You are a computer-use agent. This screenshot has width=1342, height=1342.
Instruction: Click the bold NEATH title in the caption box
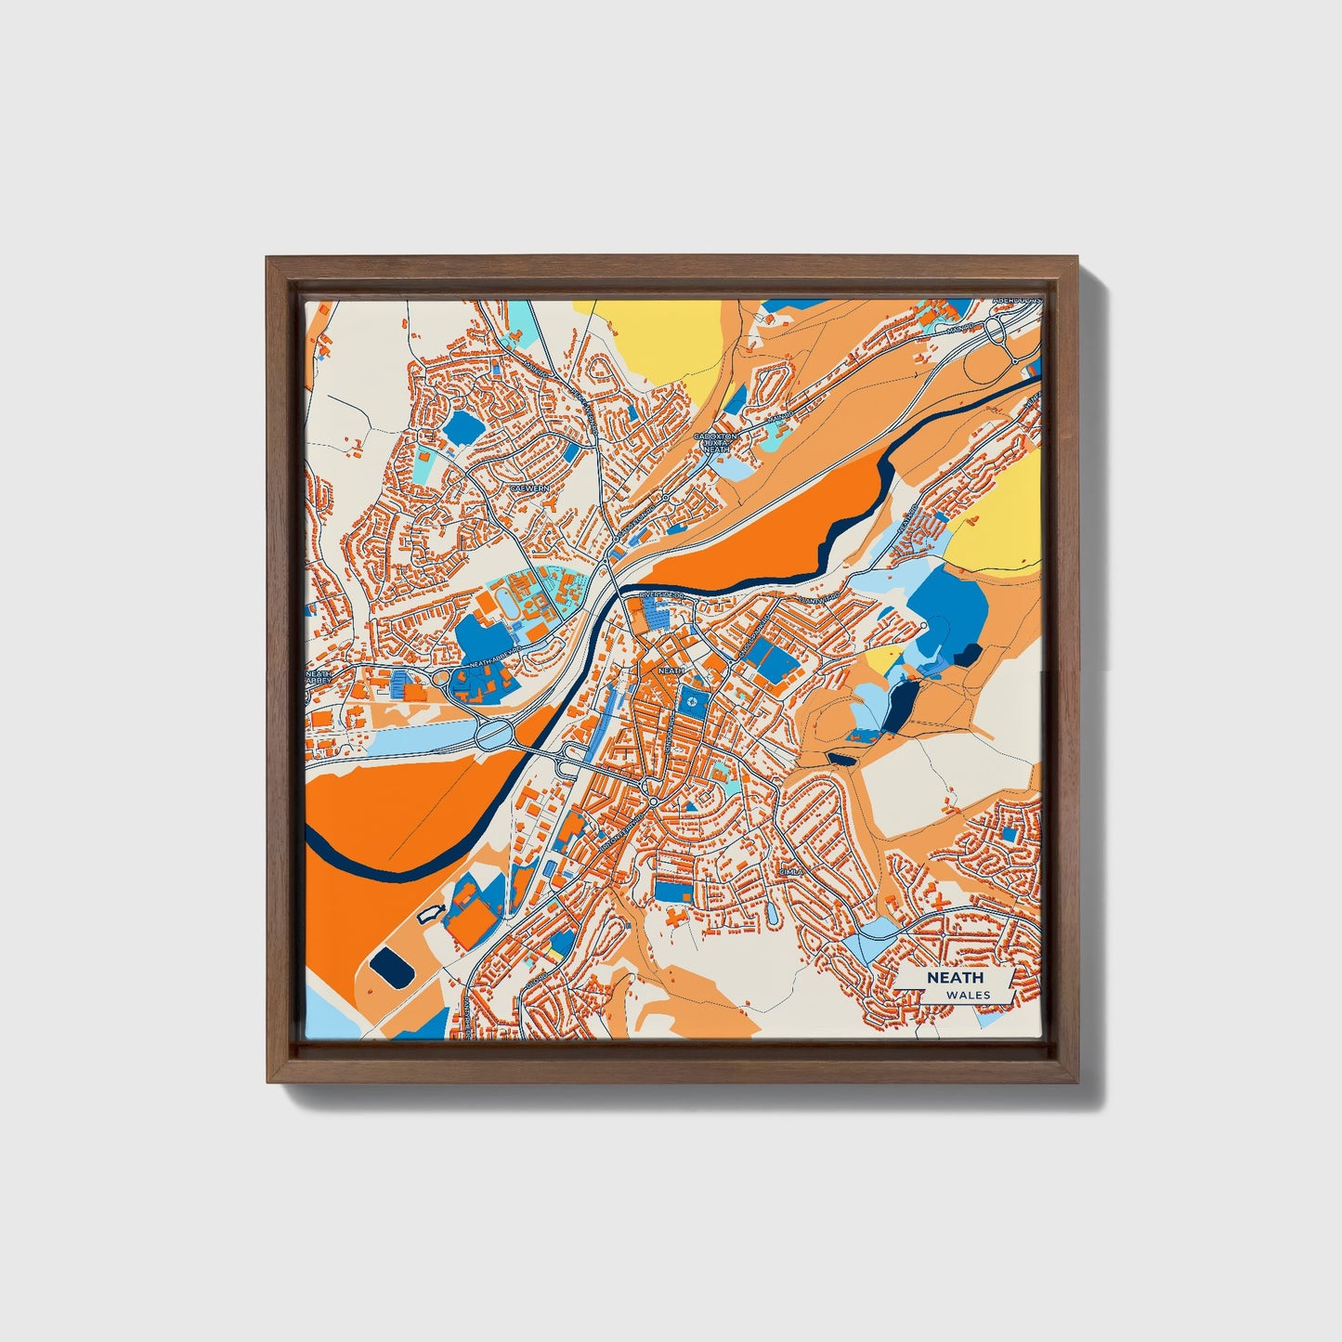point(954,978)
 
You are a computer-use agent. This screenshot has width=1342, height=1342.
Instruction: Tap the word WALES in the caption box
point(968,995)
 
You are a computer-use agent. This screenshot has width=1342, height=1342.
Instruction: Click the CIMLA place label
point(789,872)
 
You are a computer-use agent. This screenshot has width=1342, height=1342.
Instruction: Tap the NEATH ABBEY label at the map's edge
point(319,679)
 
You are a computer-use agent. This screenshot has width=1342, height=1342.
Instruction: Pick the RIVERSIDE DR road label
point(660,593)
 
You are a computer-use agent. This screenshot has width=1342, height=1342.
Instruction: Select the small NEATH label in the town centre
point(671,669)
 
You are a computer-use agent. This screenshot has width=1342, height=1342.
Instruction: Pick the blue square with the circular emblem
point(692,702)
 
